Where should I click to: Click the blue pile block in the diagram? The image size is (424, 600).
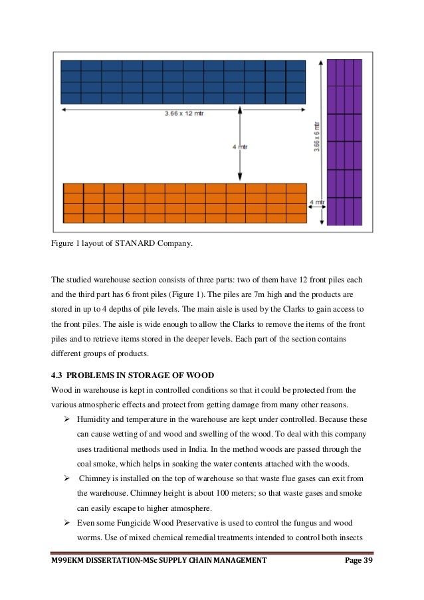point(183,81)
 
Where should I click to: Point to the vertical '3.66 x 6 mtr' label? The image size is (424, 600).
point(316,136)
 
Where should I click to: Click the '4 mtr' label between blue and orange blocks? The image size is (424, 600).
point(240,147)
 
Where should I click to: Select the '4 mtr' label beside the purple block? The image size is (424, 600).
point(318,201)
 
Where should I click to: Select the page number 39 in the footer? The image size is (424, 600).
point(367,560)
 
